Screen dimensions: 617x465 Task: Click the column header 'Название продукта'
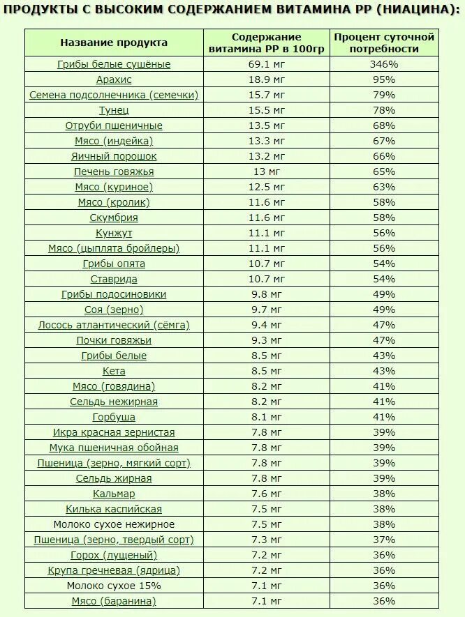coord(114,43)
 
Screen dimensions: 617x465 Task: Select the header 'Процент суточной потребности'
coord(384,43)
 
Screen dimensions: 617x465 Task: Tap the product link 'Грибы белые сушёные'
coord(114,64)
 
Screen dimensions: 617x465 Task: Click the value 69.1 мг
coord(267,64)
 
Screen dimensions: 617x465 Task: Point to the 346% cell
coord(384,64)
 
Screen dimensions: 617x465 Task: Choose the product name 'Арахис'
coord(114,79)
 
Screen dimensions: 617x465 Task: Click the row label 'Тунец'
coord(114,110)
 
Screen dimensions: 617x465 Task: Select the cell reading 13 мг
coord(267,172)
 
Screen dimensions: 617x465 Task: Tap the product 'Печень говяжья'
coord(114,172)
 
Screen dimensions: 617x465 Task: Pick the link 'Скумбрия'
coord(114,218)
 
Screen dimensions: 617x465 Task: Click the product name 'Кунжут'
coord(114,233)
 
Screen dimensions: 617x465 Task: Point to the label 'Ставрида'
coord(114,279)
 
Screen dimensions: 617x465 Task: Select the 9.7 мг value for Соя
coord(267,310)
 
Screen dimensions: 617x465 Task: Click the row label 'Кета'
coord(114,371)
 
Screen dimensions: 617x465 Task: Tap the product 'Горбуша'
coord(114,417)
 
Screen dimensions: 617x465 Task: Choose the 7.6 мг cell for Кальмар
coord(267,494)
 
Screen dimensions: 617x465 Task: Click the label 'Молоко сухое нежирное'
coord(114,524)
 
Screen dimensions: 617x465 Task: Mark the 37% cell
coord(384,540)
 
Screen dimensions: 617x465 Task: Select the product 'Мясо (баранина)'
coord(114,601)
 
